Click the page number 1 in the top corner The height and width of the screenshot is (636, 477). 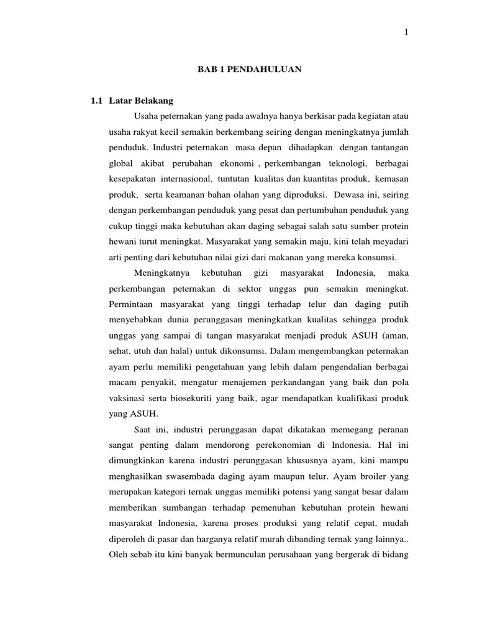pos(406,33)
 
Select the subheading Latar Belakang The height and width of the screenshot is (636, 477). pos(141,100)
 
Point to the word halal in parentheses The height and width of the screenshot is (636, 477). pos(179,352)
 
